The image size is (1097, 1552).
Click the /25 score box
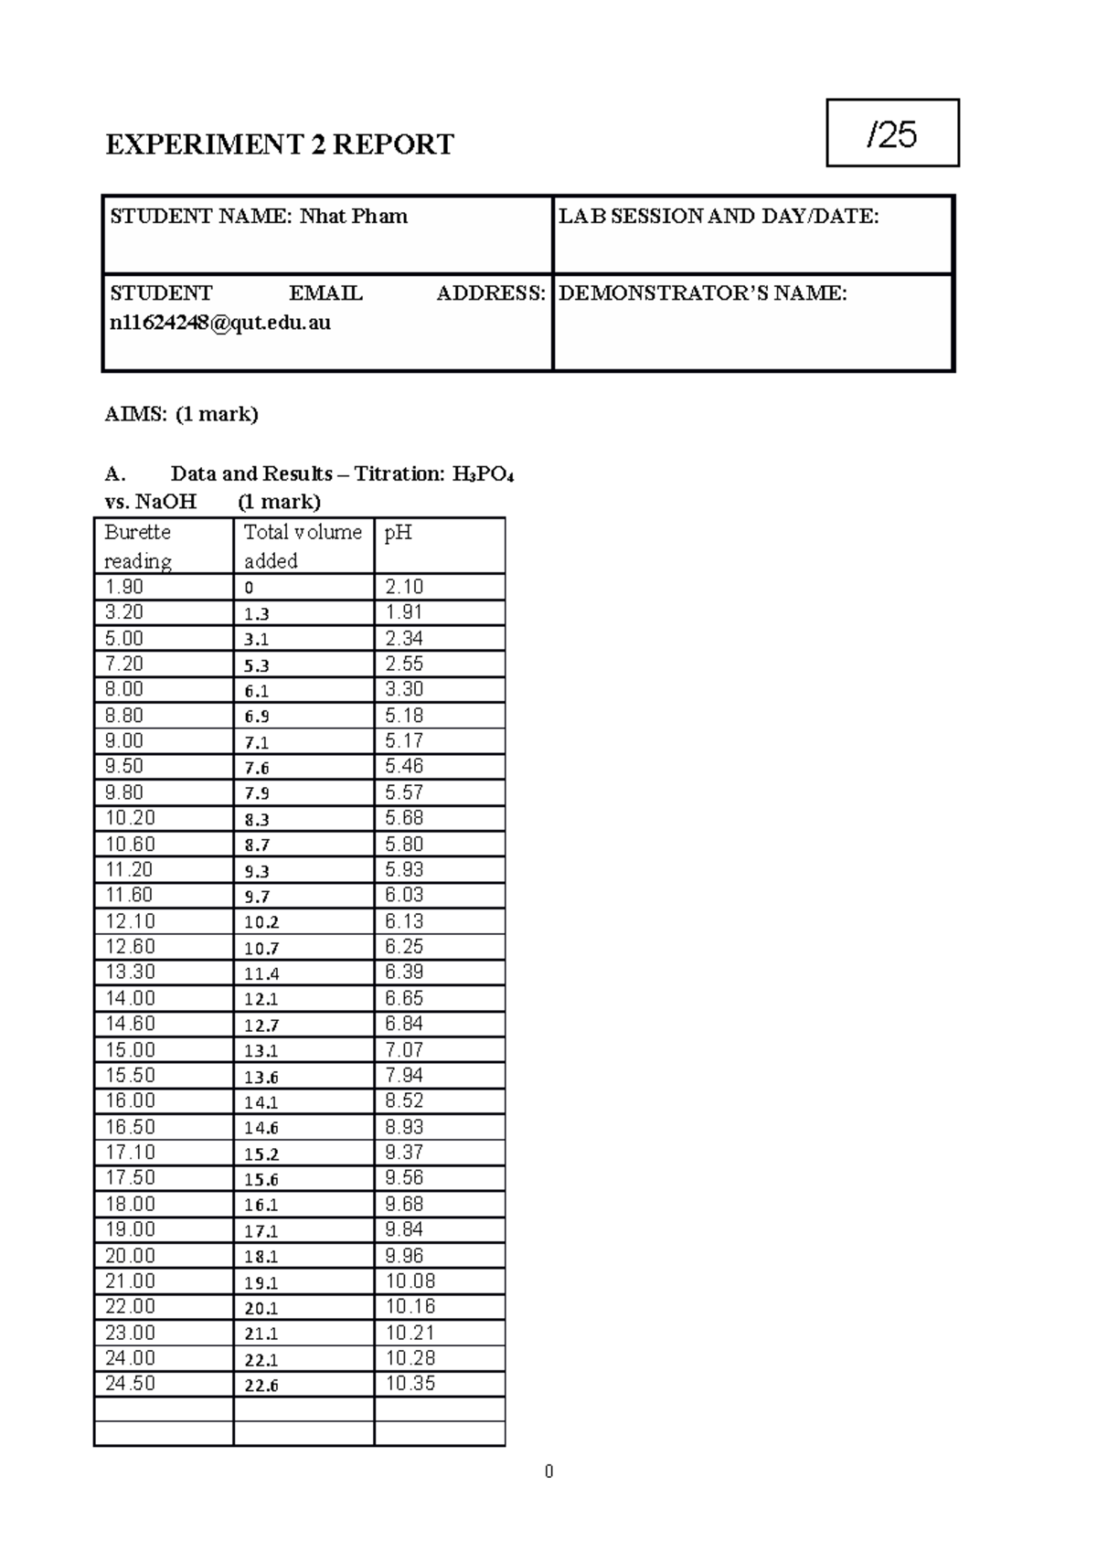(x=892, y=133)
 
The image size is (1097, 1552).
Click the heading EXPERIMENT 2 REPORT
(x=279, y=144)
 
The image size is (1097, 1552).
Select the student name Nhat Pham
(x=354, y=217)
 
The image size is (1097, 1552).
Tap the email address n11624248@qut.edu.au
(x=220, y=323)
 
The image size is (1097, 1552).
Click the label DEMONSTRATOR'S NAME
(x=702, y=293)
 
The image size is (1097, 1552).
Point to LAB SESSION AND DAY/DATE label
(x=719, y=217)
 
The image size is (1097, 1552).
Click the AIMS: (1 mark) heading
(x=181, y=414)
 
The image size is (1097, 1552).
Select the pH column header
(x=398, y=532)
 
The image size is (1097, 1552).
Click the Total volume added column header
(x=303, y=546)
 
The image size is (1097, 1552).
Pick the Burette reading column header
(x=138, y=546)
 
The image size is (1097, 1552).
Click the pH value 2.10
(x=404, y=587)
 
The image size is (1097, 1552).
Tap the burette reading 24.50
(x=130, y=1384)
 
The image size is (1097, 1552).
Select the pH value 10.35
(x=410, y=1384)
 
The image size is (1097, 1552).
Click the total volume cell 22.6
(x=261, y=1386)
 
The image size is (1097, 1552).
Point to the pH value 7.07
(x=404, y=1049)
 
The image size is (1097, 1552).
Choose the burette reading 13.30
(x=130, y=972)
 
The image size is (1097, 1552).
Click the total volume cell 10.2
(x=261, y=922)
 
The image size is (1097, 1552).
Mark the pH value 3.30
(x=404, y=689)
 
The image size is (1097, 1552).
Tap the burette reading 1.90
(x=124, y=587)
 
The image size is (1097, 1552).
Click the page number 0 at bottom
(x=548, y=1472)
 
